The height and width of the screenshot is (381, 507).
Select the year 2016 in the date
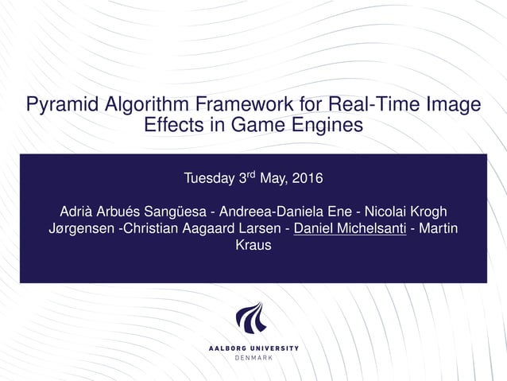[308, 177]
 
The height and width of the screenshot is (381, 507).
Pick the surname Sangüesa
[184, 212]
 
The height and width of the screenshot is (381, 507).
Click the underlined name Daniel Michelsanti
[350, 229]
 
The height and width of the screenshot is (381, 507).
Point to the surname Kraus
[253, 246]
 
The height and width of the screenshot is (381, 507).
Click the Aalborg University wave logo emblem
[253, 319]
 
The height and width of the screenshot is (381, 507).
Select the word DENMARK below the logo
[253, 357]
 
